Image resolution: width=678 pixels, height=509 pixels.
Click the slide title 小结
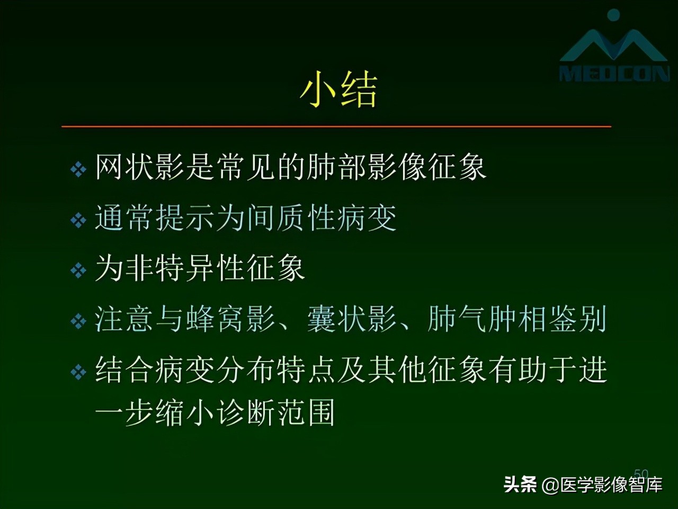pos(338,90)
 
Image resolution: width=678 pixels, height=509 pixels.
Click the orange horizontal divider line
pos(336,127)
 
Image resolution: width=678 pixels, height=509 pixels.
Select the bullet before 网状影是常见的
pos(78,170)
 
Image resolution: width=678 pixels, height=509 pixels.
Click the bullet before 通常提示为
pos(78,220)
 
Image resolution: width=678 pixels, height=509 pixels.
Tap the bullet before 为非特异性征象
pos(78,270)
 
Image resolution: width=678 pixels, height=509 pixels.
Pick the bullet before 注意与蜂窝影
pos(78,321)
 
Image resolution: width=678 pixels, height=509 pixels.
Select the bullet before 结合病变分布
pos(78,372)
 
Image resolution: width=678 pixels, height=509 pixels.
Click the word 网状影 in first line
pos(140,167)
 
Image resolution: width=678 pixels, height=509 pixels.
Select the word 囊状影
pos(352,319)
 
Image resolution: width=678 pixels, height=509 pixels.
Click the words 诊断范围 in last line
pos(275,413)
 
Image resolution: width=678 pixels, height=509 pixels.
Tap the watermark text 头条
pos(520,484)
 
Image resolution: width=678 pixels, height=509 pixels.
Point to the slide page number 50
pos(641,473)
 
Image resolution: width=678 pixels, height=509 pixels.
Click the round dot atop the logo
pos(613,15)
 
